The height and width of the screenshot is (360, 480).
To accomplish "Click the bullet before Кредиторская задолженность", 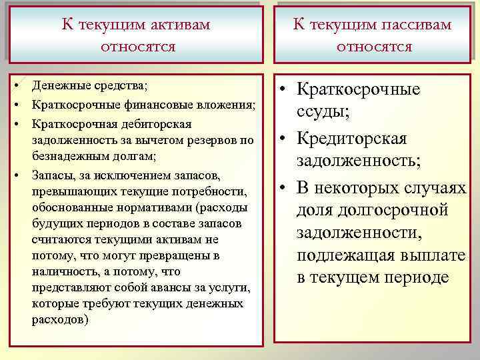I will pyautogui.click(x=284, y=139).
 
